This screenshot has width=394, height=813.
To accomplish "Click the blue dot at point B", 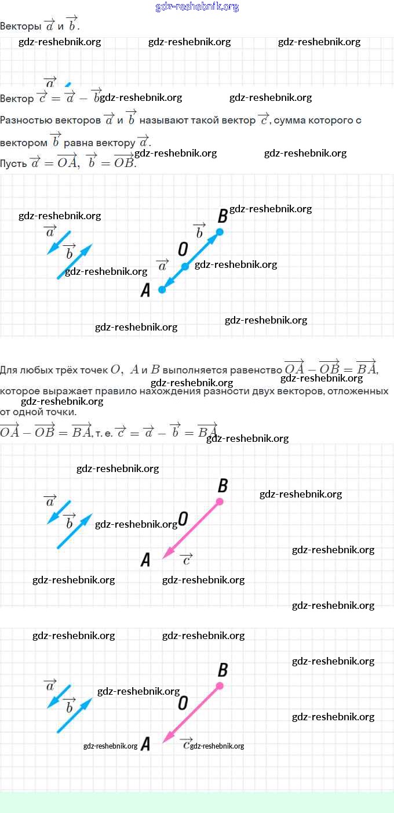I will click(x=220, y=232).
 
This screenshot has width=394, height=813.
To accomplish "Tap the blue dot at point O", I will click(x=185, y=266).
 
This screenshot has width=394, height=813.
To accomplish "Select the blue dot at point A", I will click(x=162, y=289).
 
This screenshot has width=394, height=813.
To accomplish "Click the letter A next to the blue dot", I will click(x=145, y=291).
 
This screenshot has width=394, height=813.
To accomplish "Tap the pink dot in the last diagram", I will click(x=220, y=686).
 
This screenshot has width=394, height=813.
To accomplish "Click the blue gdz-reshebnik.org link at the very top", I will click(x=197, y=7).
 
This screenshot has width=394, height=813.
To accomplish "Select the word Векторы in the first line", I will click(x=20, y=26).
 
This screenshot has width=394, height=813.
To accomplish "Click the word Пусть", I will click(x=13, y=164).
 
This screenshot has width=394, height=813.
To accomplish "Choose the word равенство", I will click(x=256, y=369).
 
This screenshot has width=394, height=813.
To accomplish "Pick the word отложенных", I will click(x=357, y=391).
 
